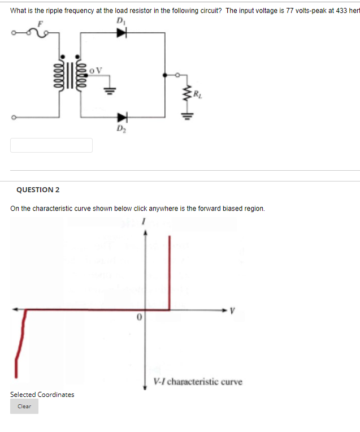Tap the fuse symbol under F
pyautogui.click(x=40, y=33)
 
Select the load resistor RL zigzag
pyautogui.click(x=184, y=91)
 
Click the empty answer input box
pyautogui.click(x=51, y=145)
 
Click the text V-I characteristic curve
pyautogui.click(x=198, y=382)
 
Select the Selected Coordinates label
pyautogui.click(x=42, y=394)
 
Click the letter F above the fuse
pyautogui.click(x=40, y=23)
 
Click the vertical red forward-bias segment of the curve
pyautogui.click(x=170, y=271)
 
